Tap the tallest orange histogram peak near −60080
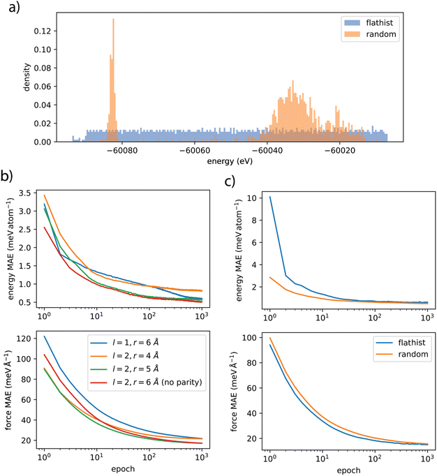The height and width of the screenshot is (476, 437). (x=113, y=21)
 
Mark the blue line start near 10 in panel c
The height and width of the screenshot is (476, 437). (x=269, y=198)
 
